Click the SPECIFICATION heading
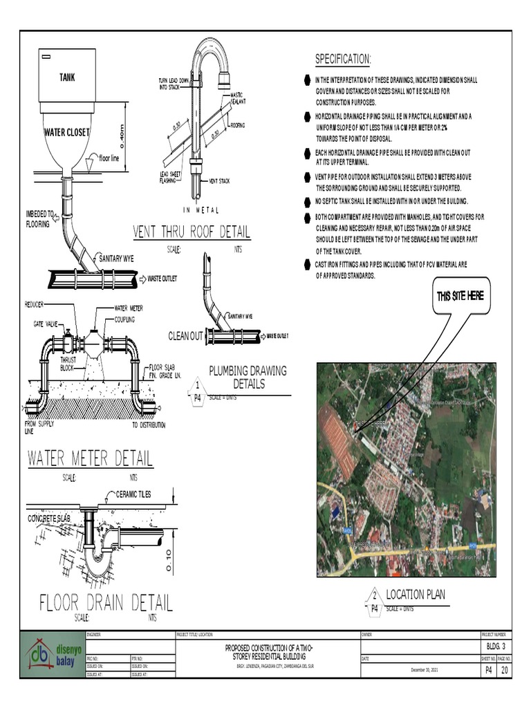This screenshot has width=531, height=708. pos(343,59)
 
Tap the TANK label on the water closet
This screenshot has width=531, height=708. pos(66,77)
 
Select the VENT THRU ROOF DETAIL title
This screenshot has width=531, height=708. pos(192,232)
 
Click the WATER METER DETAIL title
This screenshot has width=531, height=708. pos(90,458)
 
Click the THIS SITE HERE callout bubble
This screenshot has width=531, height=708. pos(460,297)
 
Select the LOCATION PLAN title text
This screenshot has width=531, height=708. pos(415,595)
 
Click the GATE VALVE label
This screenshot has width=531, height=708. pos(46,324)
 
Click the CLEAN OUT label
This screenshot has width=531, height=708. pos(186,336)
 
